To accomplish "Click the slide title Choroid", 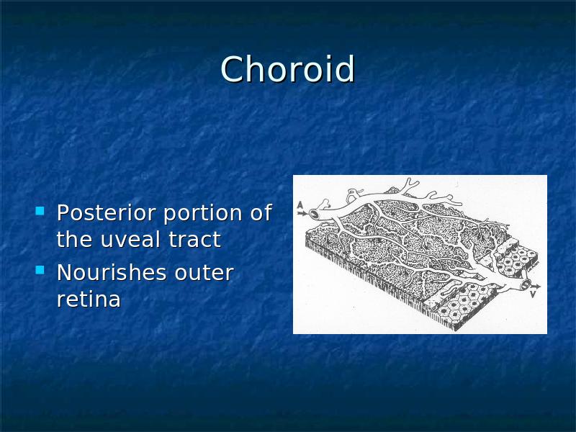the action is [x=287, y=69].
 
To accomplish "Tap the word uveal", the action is [x=131, y=239].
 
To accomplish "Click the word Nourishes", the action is [x=112, y=272].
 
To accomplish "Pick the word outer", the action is [x=204, y=273].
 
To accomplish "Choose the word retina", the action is [x=89, y=299].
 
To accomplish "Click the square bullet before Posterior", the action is [x=40, y=211].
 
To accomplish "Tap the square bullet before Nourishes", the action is [x=40, y=271].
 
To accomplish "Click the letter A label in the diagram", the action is [x=300, y=205].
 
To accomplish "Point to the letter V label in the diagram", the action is [x=534, y=294].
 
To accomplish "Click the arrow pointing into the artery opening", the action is [x=302, y=213].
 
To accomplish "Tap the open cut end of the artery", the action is [x=315, y=213].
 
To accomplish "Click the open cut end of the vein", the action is [x=526, y=284].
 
